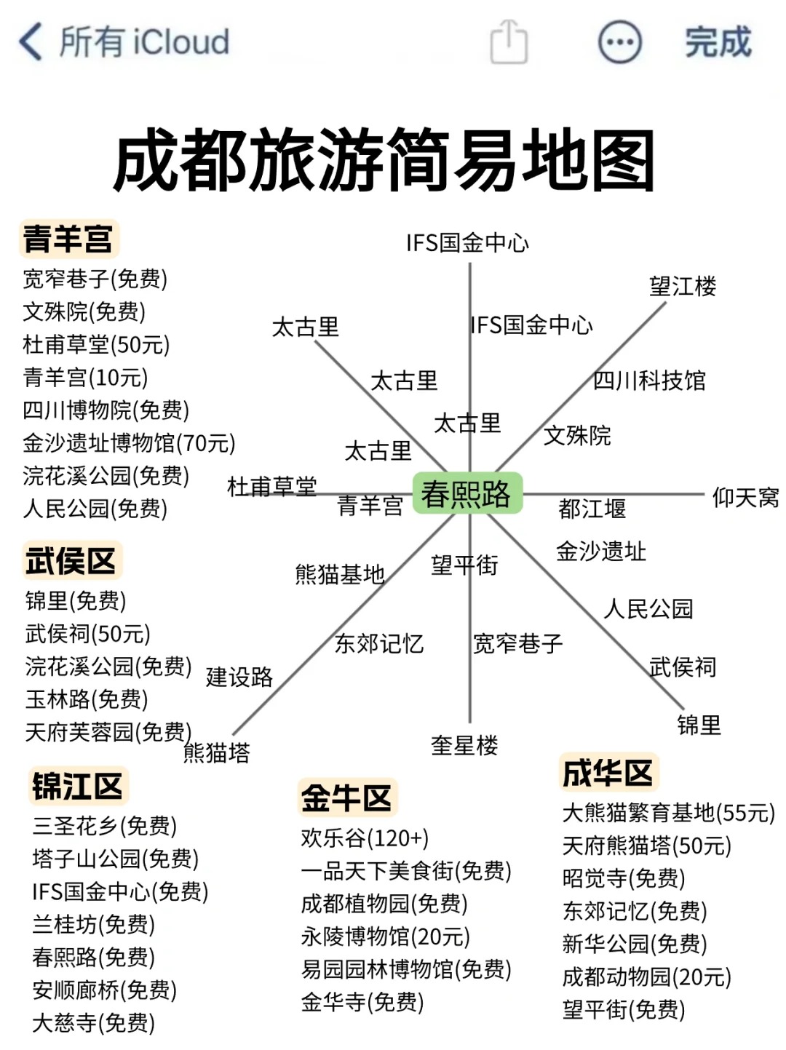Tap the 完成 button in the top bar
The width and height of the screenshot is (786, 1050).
[x=717, y=42]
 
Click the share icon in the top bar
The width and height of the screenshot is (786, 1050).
[x=509, y=42]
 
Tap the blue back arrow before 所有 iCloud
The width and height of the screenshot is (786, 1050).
[x=31, y=41]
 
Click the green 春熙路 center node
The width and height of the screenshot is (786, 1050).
[x=467, y=494]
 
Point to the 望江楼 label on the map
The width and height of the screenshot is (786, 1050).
[x=682, y=286]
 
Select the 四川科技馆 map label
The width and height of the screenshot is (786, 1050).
[x=649, y=380]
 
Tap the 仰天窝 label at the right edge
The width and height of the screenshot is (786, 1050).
[x=745, y=498]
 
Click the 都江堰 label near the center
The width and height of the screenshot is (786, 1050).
[x=592, y=508]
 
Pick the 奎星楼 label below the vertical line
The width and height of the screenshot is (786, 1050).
[x=464, y=744]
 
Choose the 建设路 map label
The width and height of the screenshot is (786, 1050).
[x=239, y=677]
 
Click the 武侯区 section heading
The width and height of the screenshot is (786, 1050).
[x=71, y=561]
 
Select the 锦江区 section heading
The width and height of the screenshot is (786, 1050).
[x=77, y=787]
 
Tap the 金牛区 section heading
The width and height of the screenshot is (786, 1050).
[x=346, y=798]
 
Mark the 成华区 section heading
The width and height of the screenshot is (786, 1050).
[x=608, y=773]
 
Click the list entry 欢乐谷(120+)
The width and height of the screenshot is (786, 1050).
[x=365, y=838]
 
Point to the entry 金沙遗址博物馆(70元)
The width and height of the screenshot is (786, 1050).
[x=129, y=442]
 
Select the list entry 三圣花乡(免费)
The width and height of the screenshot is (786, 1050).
[x=104, y=826]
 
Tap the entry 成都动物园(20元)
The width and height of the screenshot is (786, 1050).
[x=646, y=977]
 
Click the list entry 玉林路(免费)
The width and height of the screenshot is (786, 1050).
[x=87, y=699]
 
